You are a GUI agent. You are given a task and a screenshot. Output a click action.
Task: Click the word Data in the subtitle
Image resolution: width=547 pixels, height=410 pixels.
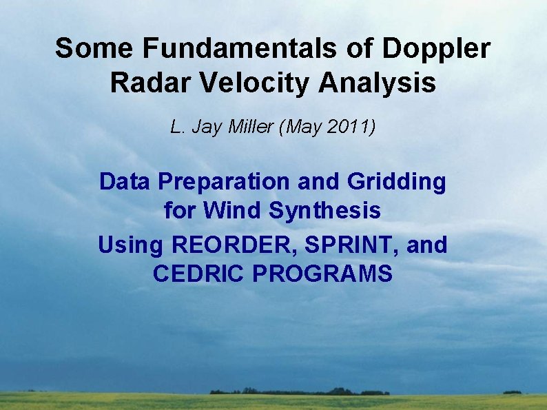[125, 182]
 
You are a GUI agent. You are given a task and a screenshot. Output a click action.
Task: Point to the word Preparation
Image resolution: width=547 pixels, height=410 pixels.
[224, 183]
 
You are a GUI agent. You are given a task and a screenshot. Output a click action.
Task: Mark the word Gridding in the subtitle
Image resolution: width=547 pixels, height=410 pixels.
[397, 183]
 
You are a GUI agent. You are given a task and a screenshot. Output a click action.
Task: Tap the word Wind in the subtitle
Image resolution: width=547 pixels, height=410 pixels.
[234, 210]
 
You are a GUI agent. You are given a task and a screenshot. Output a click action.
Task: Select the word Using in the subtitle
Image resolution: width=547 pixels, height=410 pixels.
[131, 245]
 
